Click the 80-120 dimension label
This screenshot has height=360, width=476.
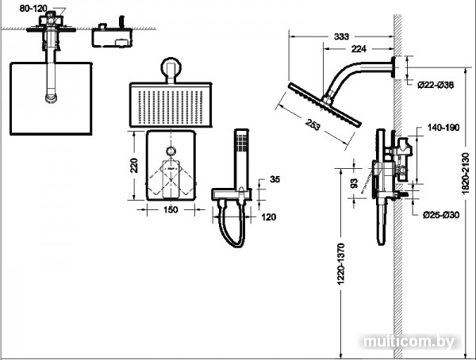33,9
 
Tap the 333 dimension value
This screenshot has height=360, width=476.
341,36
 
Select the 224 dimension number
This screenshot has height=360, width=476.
359,48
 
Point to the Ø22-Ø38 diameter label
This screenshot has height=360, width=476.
436,86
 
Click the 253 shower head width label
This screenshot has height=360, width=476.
313,124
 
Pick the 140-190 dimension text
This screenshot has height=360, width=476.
443,128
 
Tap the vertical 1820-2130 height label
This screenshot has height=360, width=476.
465,174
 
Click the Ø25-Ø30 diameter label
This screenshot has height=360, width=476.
441,215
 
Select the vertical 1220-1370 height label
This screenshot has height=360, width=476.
341,264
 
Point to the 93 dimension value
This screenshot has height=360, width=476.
355,183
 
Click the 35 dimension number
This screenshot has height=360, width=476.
274,179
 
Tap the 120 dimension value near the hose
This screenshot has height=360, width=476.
269,217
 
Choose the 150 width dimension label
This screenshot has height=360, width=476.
171,209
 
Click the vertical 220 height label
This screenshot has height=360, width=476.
134,166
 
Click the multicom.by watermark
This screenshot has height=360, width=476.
409,342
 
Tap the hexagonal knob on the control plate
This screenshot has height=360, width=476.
171,151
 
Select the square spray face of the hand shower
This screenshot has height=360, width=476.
242,142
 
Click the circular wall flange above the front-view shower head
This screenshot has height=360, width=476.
171,67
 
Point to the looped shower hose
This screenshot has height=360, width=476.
230,225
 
